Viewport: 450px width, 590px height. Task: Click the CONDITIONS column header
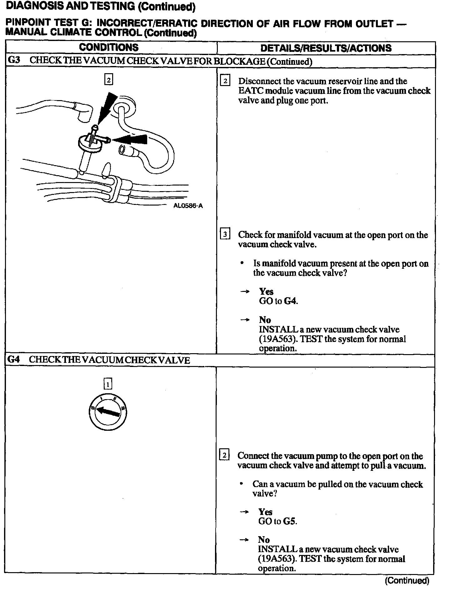click(108, 48)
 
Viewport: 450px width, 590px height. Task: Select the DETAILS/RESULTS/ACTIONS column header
click(326, 48)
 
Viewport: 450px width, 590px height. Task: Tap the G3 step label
click(14, 60)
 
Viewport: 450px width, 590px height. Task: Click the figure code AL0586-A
click(188, 206)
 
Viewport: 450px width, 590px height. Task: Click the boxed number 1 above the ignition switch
click(107, 384)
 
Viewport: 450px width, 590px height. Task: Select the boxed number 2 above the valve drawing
click(108, 80)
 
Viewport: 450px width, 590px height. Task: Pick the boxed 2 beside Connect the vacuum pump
click(224, 455)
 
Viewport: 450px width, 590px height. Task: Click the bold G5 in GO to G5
click(290, 521)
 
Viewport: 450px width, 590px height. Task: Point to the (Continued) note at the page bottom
click(407, 581)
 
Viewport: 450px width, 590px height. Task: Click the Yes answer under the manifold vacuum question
click(266, 292)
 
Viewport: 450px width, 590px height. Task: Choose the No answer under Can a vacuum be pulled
click(264, 540)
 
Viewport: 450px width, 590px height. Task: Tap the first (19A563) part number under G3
click(278, 339)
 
